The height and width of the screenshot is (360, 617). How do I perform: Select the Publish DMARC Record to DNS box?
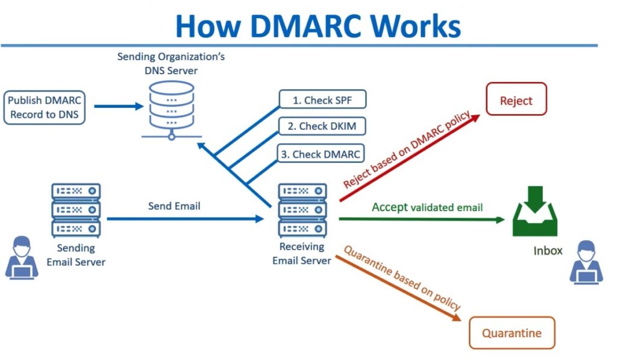coord(44,107)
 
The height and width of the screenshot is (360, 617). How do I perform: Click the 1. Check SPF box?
coord(322,100)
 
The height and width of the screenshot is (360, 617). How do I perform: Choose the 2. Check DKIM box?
coord(322,127)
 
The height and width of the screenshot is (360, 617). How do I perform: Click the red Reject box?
coord(516,99)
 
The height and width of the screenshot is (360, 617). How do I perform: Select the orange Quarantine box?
coord(511,333)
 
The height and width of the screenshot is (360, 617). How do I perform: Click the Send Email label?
coord(174,206)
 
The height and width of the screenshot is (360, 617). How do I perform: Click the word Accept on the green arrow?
coord(389,207)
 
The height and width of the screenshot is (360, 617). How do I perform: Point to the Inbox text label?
coord(548,250)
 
